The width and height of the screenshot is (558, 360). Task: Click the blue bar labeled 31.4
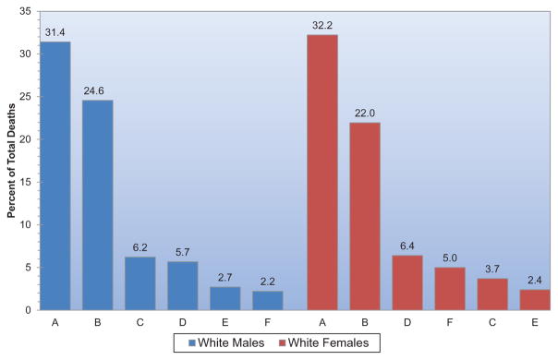(x=55, y=175)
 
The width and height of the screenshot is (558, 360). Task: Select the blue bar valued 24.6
(x=98, y=205)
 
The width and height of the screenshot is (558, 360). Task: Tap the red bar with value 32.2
(x=322, y=173)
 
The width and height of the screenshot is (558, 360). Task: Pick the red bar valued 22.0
(x=365, y=216)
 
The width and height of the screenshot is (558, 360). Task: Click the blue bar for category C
(x=139, y=283)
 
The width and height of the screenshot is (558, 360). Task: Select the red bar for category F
(x=450, y=289)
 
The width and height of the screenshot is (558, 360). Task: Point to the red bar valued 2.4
(x=535, y=299)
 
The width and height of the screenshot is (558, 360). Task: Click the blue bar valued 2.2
(x=268, y=300)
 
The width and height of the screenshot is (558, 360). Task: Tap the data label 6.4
(x=407, y=246)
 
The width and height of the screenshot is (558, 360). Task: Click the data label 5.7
(x=183, y=252)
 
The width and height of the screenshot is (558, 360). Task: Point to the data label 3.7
(x=492, y=270)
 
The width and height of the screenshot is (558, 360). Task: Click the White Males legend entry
(x=226, y=343)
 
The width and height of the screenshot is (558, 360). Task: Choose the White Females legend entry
(x=324, y=343)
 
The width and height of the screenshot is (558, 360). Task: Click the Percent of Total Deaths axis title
(x=11, y=161)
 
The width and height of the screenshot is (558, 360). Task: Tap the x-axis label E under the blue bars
(x=224, y=323)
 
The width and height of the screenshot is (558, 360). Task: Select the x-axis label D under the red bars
(x=407, y=323)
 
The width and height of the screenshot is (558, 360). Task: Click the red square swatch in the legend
(x=282, y=343)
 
